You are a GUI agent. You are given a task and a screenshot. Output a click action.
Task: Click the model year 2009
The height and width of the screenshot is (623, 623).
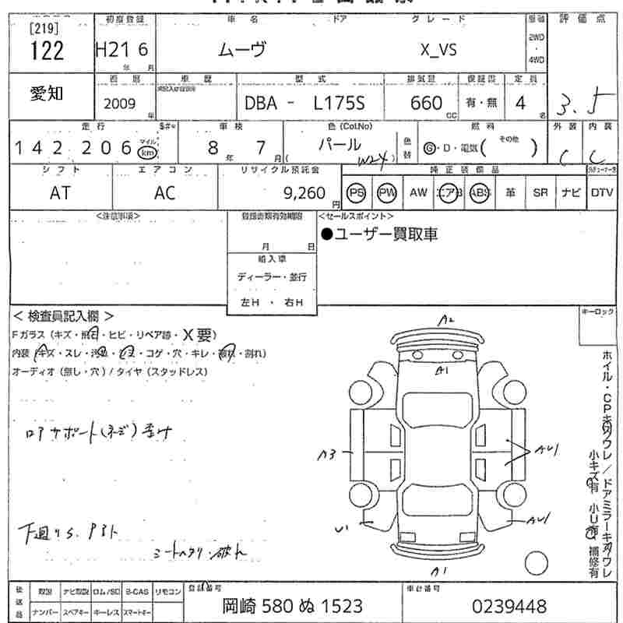pos(118,104)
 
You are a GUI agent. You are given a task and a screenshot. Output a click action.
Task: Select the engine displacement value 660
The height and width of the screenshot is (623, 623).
pos(426,103)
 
